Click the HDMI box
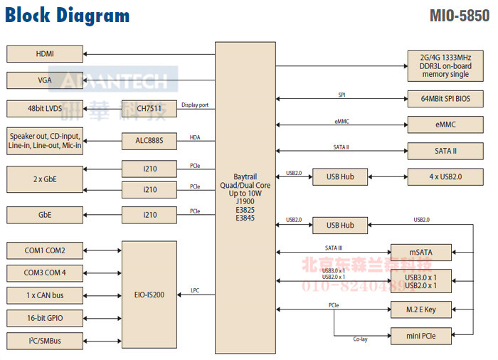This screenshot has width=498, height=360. click(x=45, y=53)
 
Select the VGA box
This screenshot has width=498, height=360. click(x=45, y=80)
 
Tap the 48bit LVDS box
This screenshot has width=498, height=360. click(x=45, y=109)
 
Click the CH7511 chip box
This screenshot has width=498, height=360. click(x=149, y=109)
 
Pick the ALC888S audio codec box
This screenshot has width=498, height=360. click(x=149, y=141)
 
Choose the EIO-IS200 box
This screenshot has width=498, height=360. click(x=149, y=294)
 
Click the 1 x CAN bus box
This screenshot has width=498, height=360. click(x=45, y=295)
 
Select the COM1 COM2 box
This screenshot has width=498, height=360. click(x=45, y=250)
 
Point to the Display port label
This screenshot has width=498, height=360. click(x=195, y=105)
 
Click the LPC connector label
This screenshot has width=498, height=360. click(x=195, y=290)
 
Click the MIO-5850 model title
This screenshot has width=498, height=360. click(x=460, y=16)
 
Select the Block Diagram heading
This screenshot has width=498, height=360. click(x=68, y=16)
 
